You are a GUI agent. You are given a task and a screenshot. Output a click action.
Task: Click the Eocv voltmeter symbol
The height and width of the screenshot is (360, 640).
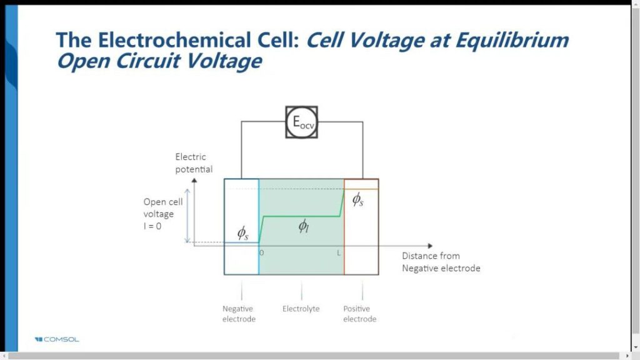pos(301,122)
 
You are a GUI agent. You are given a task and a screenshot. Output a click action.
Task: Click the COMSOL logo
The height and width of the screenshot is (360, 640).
pos(57,339)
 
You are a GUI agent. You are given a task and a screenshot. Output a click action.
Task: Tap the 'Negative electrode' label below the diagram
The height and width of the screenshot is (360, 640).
pos(239,314)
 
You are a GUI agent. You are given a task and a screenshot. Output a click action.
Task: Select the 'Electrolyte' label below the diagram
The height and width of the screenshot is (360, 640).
pos(301,309)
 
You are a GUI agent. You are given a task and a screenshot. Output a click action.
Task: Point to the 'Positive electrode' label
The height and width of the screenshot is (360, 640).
pos(360,314)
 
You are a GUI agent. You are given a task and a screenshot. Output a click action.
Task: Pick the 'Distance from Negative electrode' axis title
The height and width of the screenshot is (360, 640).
pos(441,262)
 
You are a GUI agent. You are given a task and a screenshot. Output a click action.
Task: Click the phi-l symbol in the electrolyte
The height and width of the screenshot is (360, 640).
pos(303,226)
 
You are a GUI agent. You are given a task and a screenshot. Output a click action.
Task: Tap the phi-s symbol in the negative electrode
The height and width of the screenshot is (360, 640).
pos(242,233)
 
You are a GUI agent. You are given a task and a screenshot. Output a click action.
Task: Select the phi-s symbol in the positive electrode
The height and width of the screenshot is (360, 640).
pos(357,199)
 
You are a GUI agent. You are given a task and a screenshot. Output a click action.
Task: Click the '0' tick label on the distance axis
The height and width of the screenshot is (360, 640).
pos(261,252)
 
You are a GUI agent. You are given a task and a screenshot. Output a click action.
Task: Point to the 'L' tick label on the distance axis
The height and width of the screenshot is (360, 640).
pos(339,252)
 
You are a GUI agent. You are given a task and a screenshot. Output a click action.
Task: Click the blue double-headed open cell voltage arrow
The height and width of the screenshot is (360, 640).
pos(186,215)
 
